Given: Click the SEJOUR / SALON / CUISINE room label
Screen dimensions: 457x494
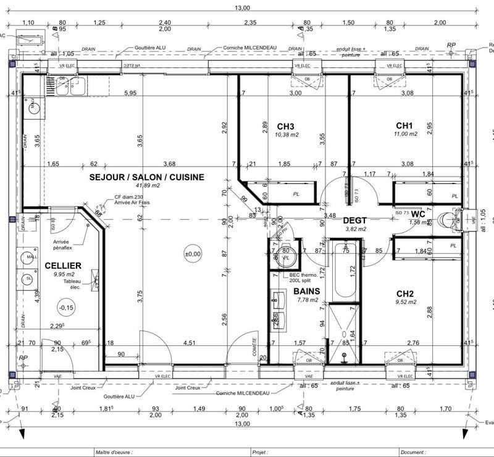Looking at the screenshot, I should [x=146, y=177].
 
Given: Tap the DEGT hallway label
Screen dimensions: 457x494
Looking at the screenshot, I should [x=354, y=220].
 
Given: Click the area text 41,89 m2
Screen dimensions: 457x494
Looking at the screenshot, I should [x=147, y=185].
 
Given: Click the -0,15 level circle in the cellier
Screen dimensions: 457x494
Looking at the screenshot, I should [x=65, y=307].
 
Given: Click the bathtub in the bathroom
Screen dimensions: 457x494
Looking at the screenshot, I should [x=343, y=272].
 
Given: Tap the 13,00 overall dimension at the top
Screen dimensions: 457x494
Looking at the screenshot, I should [x=242, y=7].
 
